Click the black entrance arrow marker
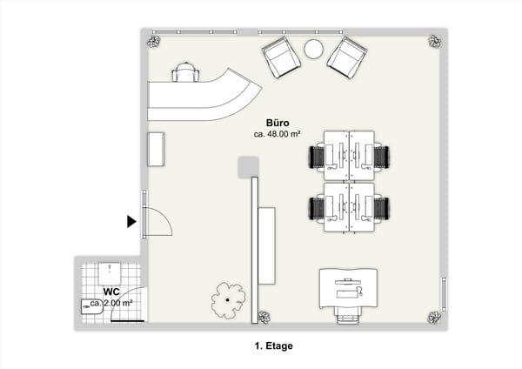tap(131, 221)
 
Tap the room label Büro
tap(278, 123)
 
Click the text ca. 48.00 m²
tap(278, 134)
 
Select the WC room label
tap(111, 292)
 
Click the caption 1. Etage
tap(274, 346)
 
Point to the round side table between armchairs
tap(313, 50)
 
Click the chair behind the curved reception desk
tap(186, 72)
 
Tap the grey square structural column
tap(248, 167)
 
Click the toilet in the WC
tap(110, 273)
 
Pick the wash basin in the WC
tap(91, 306)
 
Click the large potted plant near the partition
tap(228, 300)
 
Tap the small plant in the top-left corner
tap(153, 42)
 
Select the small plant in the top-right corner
tap(434, 42)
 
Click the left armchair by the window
tap(281, 57)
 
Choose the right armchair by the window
tap(347, 57)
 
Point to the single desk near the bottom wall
tap(348, 289)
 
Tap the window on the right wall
tap(444, 294)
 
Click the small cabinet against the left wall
tap(156, 149)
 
